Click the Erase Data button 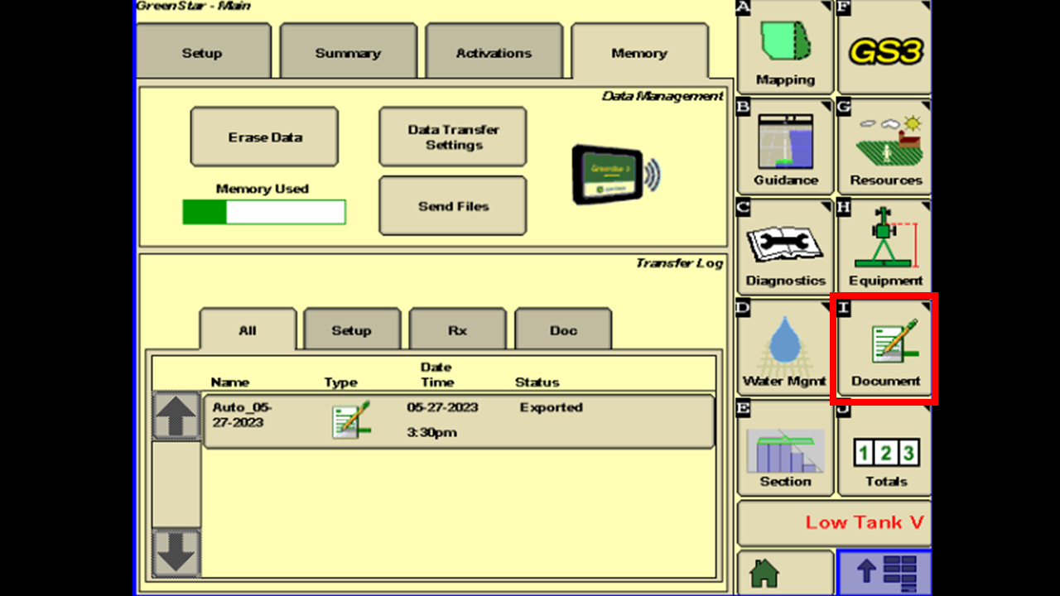pyautogui.click(x=264, y=137)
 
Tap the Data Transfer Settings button pyautogui.click(x=453, y=137)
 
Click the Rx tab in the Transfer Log pyautogui.click(x=458, y=329)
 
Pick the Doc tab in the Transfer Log pyautogui.click(x=563, y=329)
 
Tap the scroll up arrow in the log pyautogui.click(x=176, y=416)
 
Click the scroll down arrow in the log pyautogui.click(x=176, y=552)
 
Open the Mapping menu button pyautogui.click(x=785, y=47)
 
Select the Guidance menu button pyautogui.click(x=785, y=147)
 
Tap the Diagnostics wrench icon pyautogui.click(x=785, y=243)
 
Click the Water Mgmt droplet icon pyautogui.click(x=785, y=339)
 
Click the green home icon pyautogui.click(x=764, y=573)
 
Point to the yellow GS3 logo pyautogui.click(x=886, y=51)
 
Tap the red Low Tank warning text pyautogui.click(x=864, y=522)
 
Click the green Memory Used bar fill pyautogui.click(x=205, y=212)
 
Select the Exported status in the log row pyautogui.click(x=552, y=407)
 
